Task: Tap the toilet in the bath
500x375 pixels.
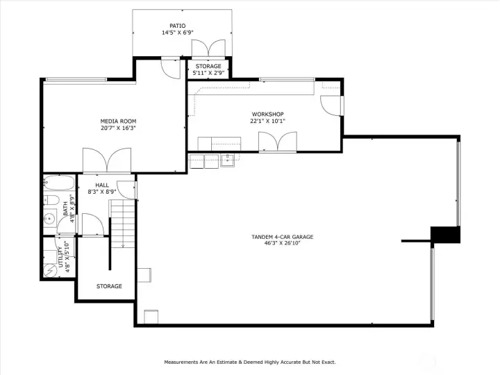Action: coord(51,201)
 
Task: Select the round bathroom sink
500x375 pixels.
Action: coord(50,219)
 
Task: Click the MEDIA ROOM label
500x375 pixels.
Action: coord(118,121)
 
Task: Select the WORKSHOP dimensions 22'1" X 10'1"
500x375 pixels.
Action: coord(267,121)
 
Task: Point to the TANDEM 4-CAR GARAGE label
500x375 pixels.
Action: coord(282,237)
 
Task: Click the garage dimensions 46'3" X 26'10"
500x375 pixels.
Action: coord(282,244)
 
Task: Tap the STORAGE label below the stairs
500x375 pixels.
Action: coord(109,286)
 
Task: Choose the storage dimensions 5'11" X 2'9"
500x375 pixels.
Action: coord(208,73)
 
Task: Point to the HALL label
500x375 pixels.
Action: coord(102,185)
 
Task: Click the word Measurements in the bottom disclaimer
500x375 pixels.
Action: coord(184,362)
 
